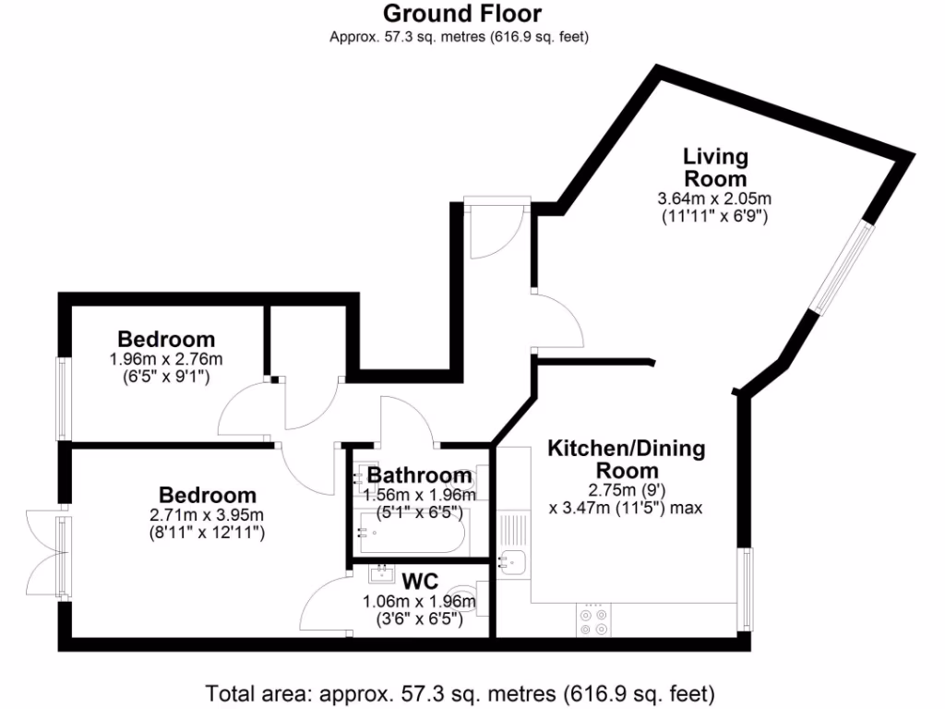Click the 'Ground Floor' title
[461, 14]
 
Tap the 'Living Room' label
[714, 167]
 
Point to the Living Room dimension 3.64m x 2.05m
[714, 198]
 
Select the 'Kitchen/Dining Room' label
[627, 460]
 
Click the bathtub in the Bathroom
[412, 535]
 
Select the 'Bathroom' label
[420, 476]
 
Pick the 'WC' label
[420, 581]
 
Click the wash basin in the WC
[379, 574]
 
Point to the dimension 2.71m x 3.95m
[207, 514]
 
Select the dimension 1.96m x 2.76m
[166, 359]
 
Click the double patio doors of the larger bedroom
[46, 554]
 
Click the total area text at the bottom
[460, 692]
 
